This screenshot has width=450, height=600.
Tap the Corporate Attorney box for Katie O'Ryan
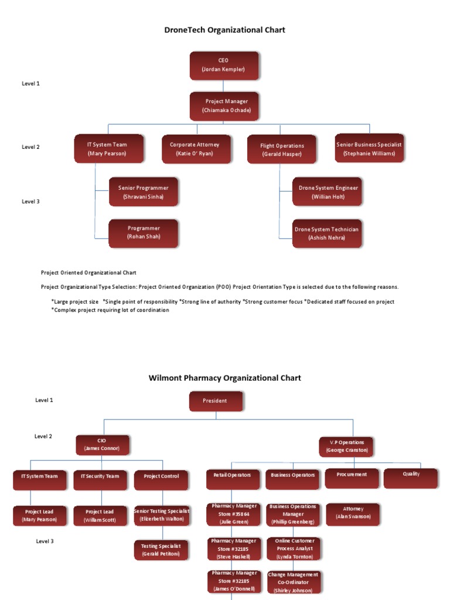point(195,149)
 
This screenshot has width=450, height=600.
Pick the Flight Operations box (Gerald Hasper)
point(282,150)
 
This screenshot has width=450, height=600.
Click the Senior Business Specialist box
point(369,149)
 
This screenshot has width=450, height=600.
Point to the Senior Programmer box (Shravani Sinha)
point(144,192)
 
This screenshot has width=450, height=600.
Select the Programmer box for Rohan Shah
point(144,233)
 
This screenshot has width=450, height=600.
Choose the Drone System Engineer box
point(328,192)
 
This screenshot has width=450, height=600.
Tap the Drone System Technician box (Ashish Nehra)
point(328,233)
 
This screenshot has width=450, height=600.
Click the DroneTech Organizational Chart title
point(225,30)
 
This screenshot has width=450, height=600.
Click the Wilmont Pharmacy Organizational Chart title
point(225,378)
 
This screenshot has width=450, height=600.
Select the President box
point(215,401)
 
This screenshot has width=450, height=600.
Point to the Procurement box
point(352,478)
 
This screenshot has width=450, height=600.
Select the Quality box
point(411,478)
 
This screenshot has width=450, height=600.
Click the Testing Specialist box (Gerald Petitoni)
point(161,550)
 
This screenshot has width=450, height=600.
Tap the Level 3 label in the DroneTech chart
point(30,202)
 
